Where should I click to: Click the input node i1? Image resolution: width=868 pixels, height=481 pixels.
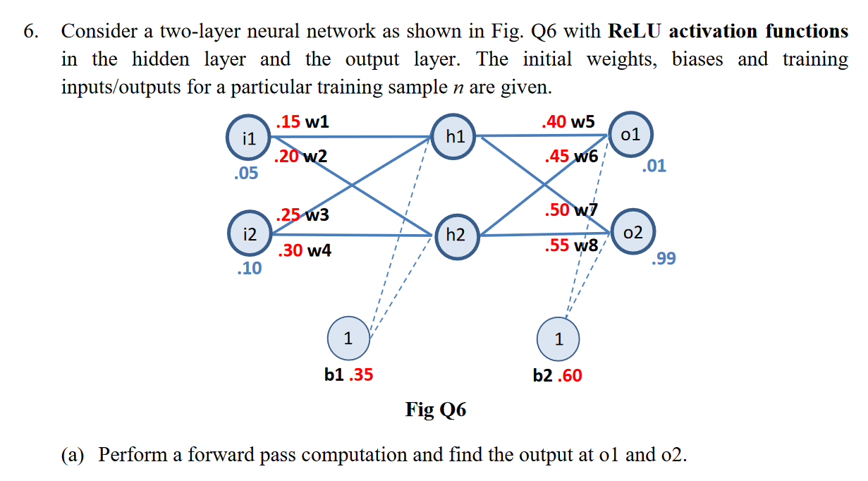pos(247,139)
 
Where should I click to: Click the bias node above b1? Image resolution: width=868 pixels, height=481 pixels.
pos(348,339)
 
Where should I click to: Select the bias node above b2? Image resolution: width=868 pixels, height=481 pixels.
pos(558,339)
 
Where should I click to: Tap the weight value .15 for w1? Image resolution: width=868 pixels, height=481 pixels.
pos(288,121)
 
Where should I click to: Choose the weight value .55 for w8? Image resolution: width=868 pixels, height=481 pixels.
pos(557,246)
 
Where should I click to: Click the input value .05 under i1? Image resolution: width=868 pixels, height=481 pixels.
pos(245,173)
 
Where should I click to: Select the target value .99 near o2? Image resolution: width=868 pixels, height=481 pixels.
pos(664,259)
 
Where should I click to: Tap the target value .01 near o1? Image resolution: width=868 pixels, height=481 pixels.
pos(654,166)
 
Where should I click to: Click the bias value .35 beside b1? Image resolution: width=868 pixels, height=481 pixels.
pos(361,375)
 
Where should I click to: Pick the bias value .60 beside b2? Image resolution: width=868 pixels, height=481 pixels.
pos(570,375)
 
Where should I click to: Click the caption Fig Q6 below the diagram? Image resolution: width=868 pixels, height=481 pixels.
pos(435,409)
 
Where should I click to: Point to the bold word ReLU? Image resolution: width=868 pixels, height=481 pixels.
pos(634,31)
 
